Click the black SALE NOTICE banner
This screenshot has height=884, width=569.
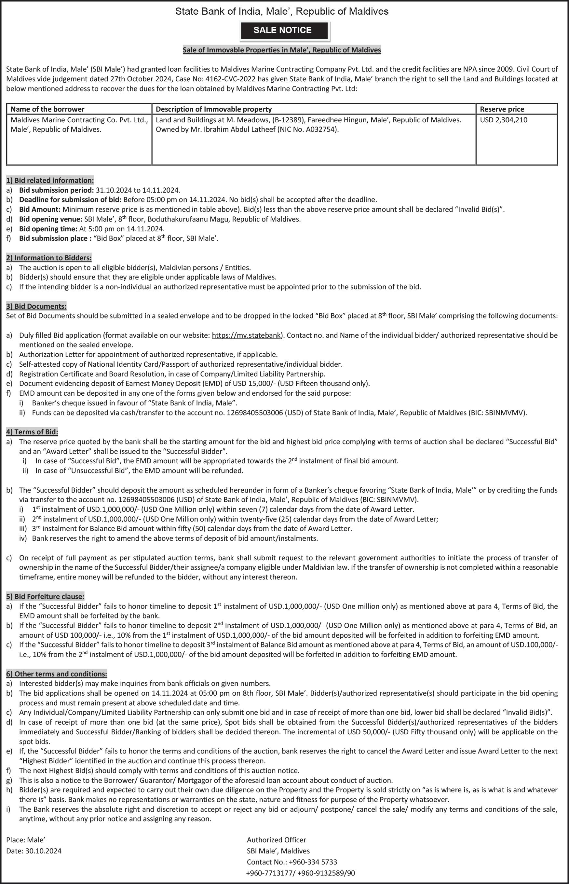click(284, 30)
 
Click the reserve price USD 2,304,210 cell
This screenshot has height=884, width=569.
click(503, 120)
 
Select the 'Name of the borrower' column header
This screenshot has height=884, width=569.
click(47, 109)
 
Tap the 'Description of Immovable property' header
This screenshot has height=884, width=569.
click(213, 109)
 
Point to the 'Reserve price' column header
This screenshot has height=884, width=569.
click(502, 109)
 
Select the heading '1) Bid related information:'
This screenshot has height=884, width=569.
click(50, 180)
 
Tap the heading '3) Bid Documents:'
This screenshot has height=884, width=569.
click(36, 306)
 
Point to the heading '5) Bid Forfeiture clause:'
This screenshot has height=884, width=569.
click(45, 596)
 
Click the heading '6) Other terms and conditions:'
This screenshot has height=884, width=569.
click(57, 674)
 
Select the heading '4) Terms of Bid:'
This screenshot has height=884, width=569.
click(32, 432)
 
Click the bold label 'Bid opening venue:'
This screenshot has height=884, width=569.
click(51, 219)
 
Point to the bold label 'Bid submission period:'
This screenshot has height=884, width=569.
click(56, 190)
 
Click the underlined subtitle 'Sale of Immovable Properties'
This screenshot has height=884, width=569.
click(281, 50)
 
